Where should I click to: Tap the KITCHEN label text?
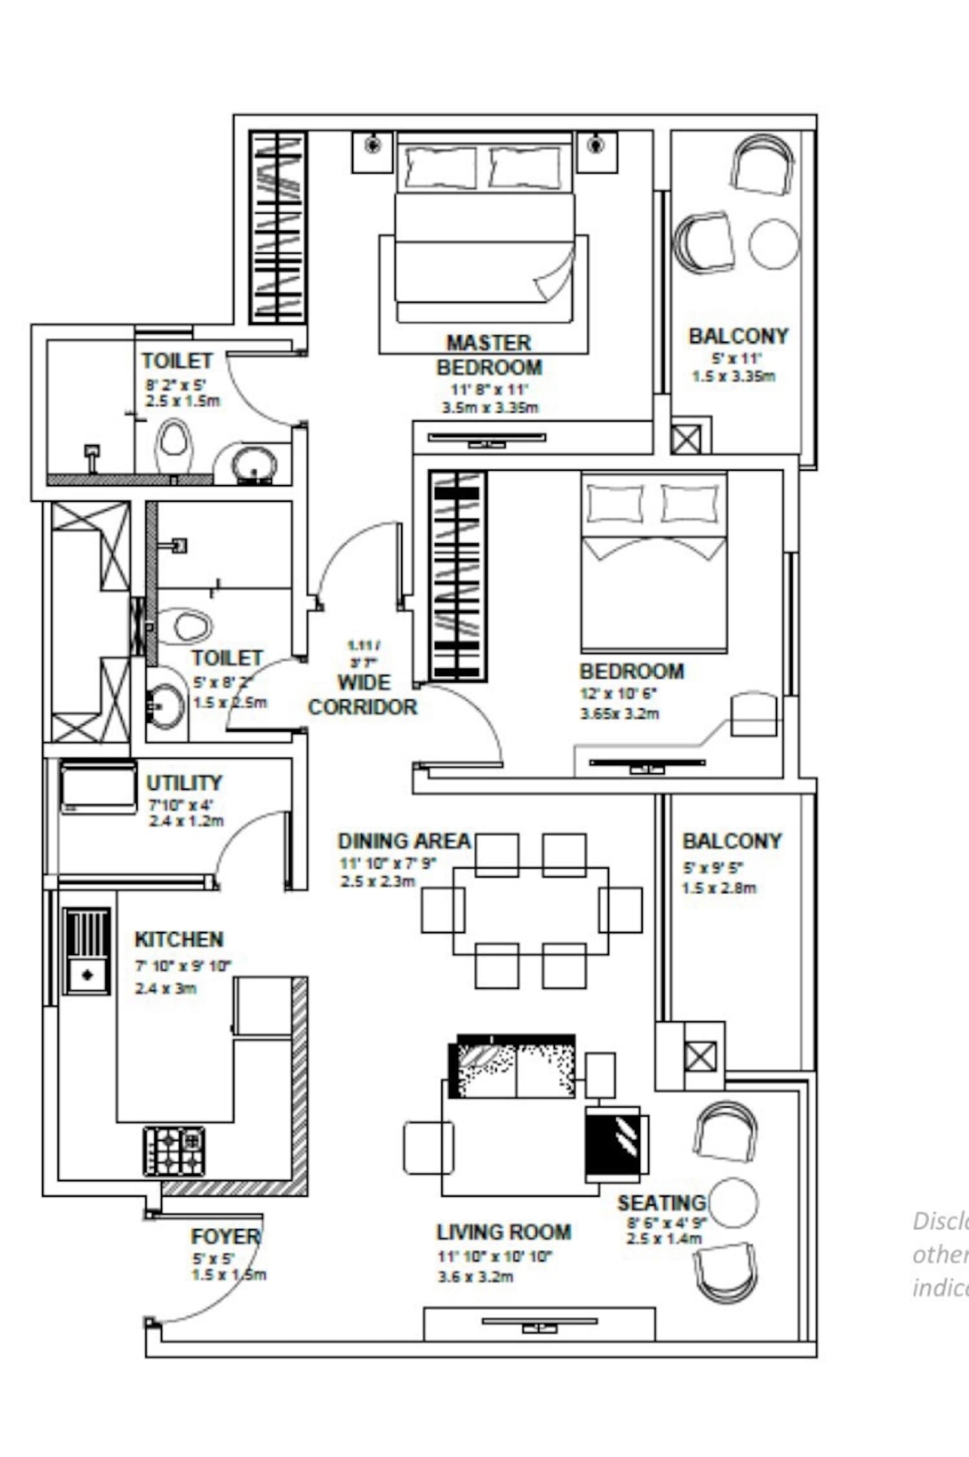179,940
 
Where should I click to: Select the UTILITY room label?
184,783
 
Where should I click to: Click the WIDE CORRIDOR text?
363,695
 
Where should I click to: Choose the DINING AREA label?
404,842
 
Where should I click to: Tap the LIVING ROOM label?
504,1232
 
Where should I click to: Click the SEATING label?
661,1203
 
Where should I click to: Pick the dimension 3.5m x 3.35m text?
490,408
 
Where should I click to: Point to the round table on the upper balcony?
773,244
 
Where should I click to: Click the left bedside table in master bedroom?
372,152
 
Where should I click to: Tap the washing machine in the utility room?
98,787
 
